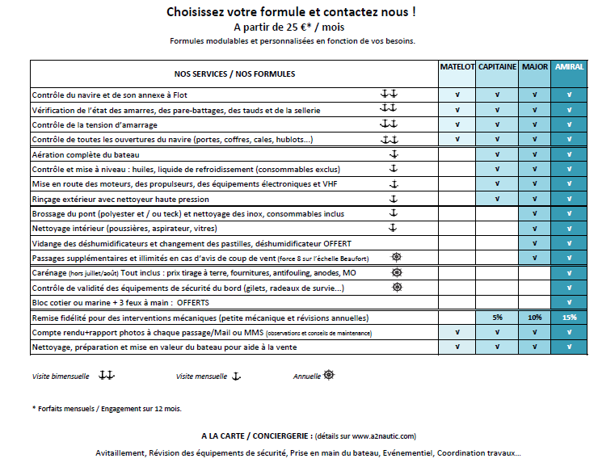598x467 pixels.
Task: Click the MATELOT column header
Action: coord(457,67)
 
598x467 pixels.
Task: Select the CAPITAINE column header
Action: coord(497,67)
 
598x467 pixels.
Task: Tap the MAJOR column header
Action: coord(534,67)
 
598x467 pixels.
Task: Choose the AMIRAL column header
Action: coord(569,67)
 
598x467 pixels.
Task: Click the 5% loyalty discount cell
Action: coord(497,318)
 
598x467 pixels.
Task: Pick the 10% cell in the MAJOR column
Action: coord(534,318)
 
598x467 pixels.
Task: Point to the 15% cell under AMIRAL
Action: coord(569,318)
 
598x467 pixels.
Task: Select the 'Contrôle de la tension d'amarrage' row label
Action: coord(95,125)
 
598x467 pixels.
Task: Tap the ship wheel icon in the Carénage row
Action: coord(396,273)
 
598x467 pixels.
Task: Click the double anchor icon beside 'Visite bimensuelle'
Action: coord(107,376)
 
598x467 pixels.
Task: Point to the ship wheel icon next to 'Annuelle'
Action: coord(329,375)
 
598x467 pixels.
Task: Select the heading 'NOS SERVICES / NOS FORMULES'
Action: coord(234,74)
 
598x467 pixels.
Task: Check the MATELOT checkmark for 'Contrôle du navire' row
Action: coord(457,95)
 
